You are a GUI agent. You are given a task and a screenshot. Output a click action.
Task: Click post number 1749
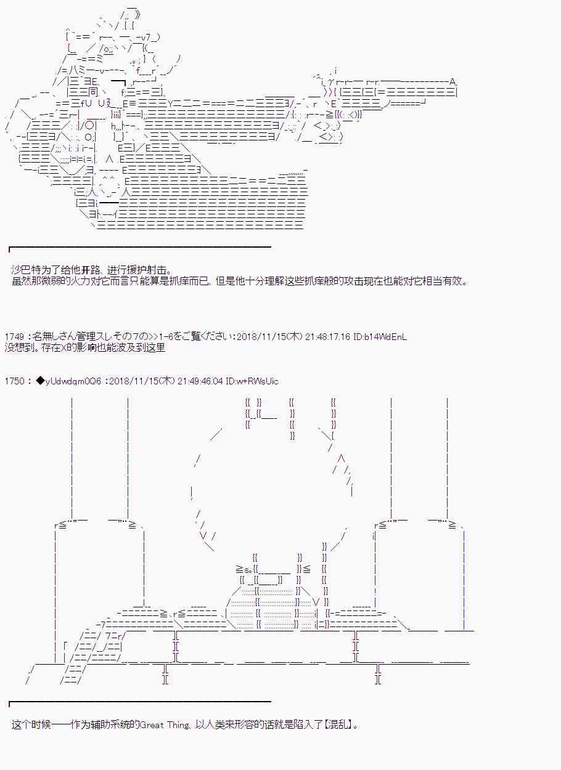pyautogui.click(x=14, y=336)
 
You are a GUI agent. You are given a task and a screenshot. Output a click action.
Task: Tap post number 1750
pyautogui.click(x=14, y=381)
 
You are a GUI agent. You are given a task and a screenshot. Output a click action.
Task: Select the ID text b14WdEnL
pyautogui.click(x=385, y=336)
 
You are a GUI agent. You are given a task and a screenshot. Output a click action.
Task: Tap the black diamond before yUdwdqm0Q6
pyautogui.click(x=40, y=381)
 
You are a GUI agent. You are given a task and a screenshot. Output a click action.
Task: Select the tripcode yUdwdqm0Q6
pyautogui.click(x=73, y=381)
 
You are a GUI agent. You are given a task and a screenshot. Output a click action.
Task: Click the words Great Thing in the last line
pyautogui.click(x=165, y=725)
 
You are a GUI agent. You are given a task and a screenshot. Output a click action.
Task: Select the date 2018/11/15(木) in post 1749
pyautogui.click(x=269, y=336)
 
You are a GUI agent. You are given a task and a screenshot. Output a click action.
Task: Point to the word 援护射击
pyautogui.click(x=147, y=270)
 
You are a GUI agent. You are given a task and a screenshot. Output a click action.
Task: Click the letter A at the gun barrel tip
pyautogui.click(x=452, y=82)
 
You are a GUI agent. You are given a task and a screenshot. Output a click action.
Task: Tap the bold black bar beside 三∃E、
pyautogui.click(x=118, y=82)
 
